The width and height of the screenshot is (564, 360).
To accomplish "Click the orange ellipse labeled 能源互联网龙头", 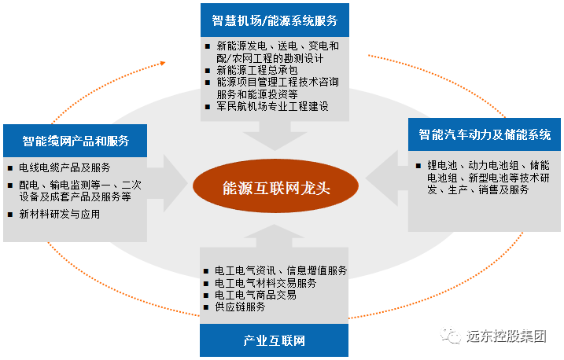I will [275, 188].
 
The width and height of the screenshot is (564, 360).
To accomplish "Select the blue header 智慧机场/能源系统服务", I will [274, 19].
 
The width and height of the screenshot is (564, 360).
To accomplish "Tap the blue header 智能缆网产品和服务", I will [76, 141].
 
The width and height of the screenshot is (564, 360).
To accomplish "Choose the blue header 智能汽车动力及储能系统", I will [484, 134].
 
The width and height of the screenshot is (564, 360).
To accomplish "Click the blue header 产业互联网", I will [274, 341].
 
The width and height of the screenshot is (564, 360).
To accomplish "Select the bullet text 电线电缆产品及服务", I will [64, 167].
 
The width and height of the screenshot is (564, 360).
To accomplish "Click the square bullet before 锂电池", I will [419, 166].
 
